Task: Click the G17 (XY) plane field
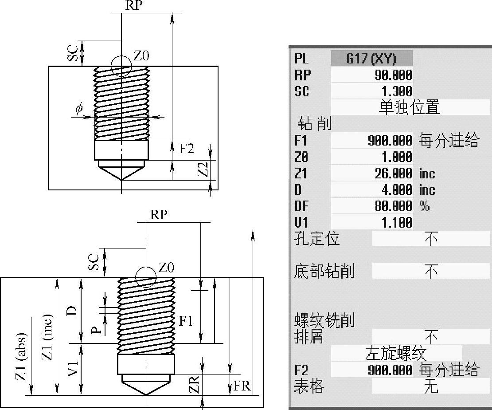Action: (372, 59)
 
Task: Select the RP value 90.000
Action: (393, 75)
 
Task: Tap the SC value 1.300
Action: (397, 91)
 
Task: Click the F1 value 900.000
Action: (390, 140)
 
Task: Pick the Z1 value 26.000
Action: (393, 173)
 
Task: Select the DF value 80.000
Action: (393, 206)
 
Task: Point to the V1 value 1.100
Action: (397, 223)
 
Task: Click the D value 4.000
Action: (397, 190)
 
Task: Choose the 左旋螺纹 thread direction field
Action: (396, 353)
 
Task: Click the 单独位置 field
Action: (410, 107)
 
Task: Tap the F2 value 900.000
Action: (390, 370)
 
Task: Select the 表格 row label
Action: (309, 386)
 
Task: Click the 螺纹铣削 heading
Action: (324, 320)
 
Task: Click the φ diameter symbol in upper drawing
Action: (79, 108)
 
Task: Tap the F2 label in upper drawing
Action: (187, 148)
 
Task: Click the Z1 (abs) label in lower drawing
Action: (22, 356)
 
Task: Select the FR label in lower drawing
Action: (242, 386)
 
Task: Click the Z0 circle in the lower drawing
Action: (146, 277)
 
